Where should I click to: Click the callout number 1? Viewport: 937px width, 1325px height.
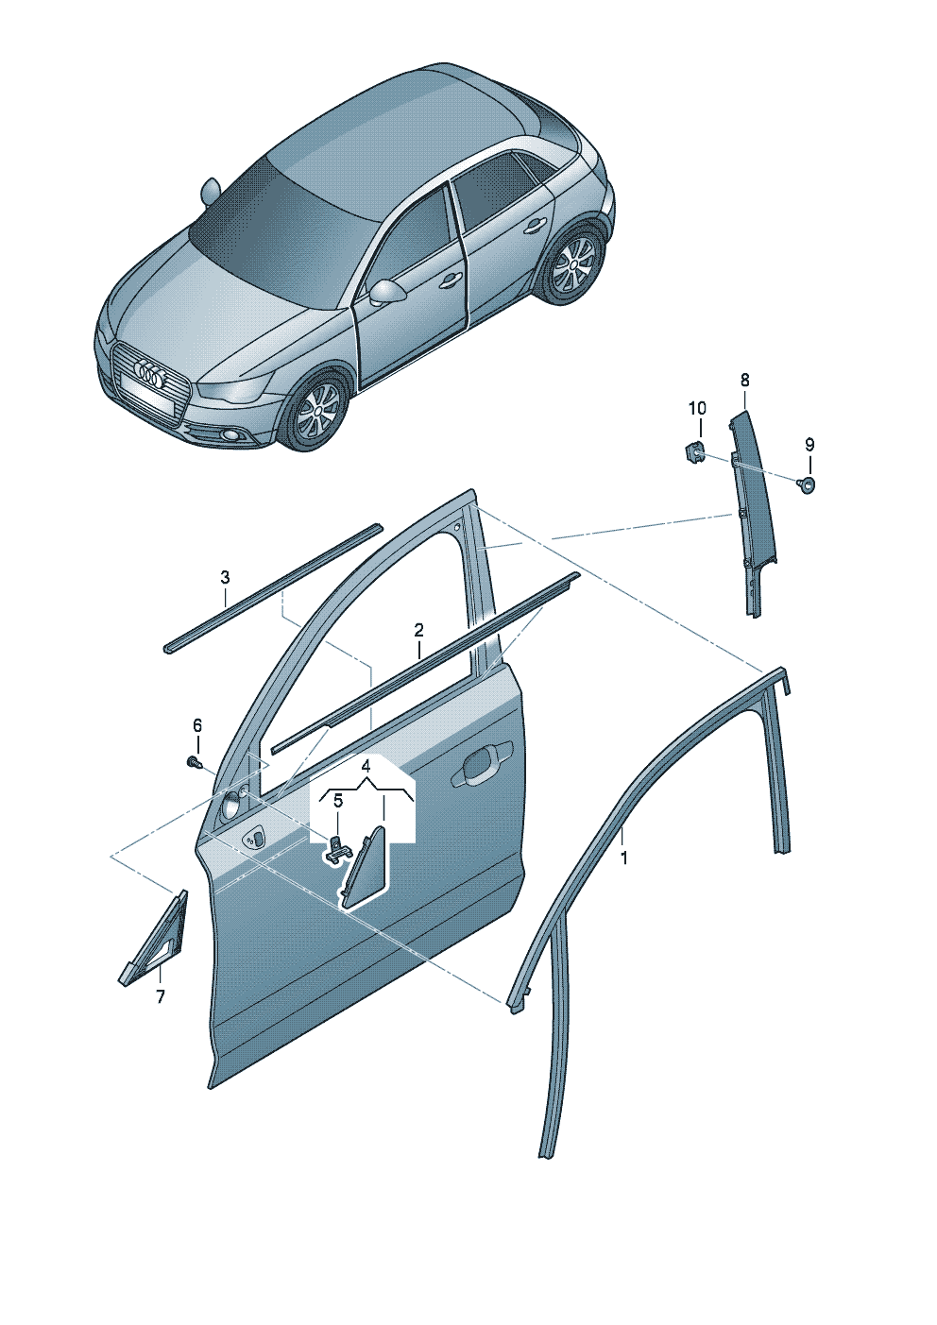(623, 858)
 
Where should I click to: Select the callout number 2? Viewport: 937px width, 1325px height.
(418, 630)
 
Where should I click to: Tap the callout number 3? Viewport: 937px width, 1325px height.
(225, 577)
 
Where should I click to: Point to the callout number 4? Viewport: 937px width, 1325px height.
(366, 767)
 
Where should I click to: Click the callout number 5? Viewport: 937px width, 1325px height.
(337, 801)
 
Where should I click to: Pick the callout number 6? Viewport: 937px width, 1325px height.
(197, 725)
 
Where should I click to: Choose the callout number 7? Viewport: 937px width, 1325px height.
(160, 996)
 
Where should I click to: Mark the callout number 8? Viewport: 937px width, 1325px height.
(744, 381)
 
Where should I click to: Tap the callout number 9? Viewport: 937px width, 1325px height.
(809, 445)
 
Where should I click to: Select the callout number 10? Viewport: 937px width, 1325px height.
(696, 409)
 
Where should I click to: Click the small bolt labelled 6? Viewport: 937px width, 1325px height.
(194, 760)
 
